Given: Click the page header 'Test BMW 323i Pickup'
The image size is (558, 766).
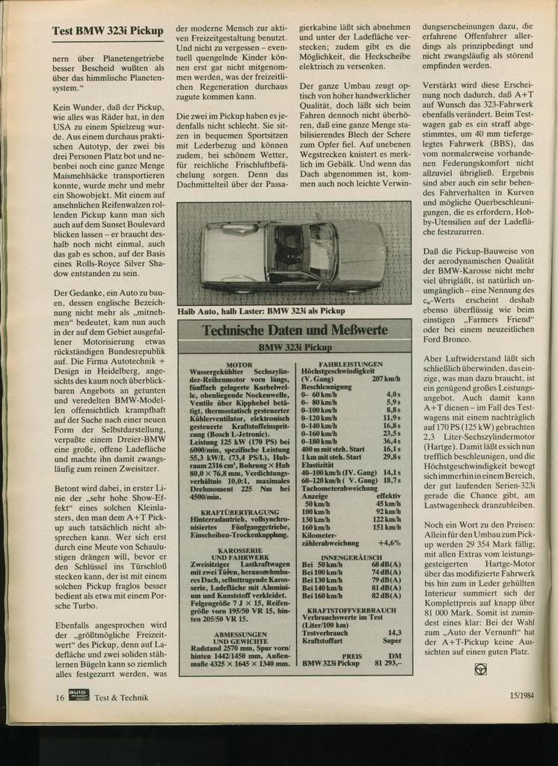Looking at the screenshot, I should (x=108, y=31).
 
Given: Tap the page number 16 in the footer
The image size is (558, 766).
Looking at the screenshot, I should (x=59, y=697).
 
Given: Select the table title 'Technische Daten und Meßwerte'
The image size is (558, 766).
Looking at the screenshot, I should (x=295, y=330).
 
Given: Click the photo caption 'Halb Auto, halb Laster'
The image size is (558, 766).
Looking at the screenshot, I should (x=261, y=310).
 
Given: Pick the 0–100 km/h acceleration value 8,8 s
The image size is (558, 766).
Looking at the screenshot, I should (x=393, y=410).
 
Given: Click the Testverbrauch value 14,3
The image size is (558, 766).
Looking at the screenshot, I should (x=393, y=632).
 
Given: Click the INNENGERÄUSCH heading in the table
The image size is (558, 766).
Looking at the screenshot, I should (x=351, y=557).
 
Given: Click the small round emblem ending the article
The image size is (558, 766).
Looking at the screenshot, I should (x=481, y=669).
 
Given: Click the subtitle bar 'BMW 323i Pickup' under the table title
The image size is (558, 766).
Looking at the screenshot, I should (x=295, y=347).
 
